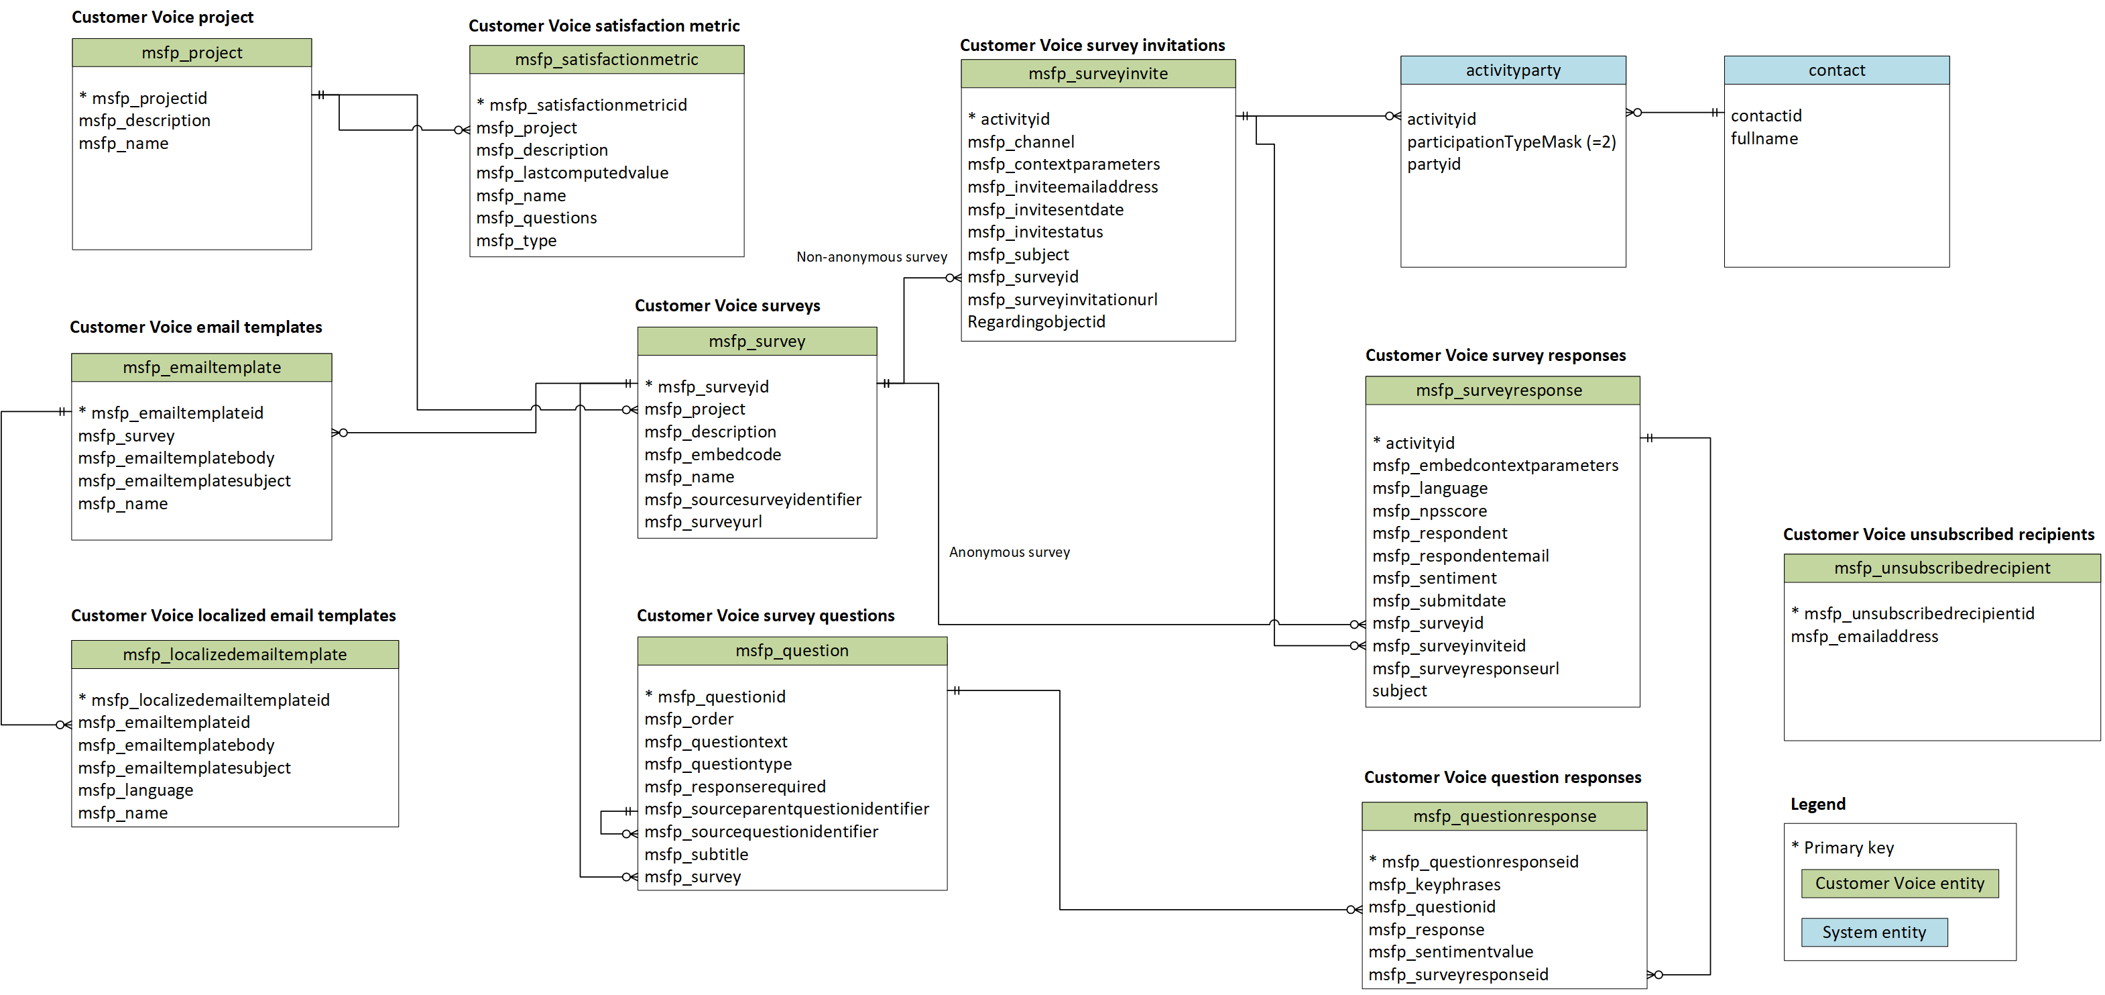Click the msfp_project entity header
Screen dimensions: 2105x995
click(x=191, y=52)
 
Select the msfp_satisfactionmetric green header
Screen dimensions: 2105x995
click(x=606, y=60)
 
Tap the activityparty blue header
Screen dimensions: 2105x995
click(x=1512, y=70)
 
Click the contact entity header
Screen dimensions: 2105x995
click(x=1836, y=70)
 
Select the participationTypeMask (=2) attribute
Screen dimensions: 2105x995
click(x=1510, y=142)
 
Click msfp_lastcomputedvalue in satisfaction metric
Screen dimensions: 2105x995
click(x=572, y=172)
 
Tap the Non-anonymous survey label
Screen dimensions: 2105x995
click(x=871, y=257)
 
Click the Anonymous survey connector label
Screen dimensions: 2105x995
click(x=1008, y=552)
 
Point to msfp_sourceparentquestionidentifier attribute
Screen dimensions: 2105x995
click(x=786, y=808)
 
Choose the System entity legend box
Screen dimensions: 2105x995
click(x=1874, y=932)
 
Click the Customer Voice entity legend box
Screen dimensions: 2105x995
click(x=1899, y=883)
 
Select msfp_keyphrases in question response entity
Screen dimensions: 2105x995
click(x=1434, y=884)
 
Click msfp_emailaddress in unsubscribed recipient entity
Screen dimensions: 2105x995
click(x=1864, y=636)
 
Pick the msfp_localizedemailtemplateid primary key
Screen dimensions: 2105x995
click(x=210, y=700)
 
